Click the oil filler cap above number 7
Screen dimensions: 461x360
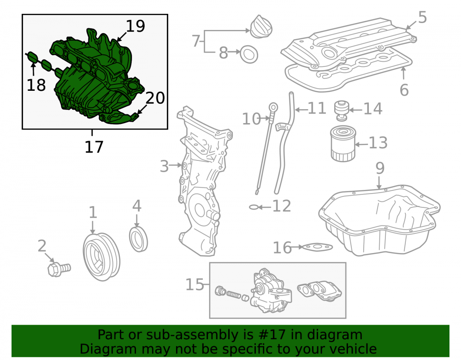(x=261, y=27)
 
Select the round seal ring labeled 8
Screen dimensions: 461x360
(x=249, y=54)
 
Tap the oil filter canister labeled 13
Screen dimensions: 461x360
(x=343, y=144)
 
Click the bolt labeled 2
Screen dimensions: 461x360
(x=59, y=269)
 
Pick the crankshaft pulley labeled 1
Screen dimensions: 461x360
(x=101, y=257)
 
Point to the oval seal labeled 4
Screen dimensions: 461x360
(x=138, y=239)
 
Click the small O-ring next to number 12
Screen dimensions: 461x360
(x=253, y=207)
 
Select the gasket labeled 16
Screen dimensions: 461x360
(x=318, y=248)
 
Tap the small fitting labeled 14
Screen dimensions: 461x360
(x=342, y=111)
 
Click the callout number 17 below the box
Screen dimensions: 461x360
(x=94, y=147)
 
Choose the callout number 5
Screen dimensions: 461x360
(x=422, y=18)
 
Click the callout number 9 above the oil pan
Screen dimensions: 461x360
(x=380, y=168)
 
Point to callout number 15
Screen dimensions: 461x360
(x=195, y=284)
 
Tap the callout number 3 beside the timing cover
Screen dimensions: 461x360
(x=165, y=166)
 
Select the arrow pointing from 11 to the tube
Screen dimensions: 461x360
(x=301, y=110)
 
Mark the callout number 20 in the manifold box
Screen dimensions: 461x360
(x=155, y=98)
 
